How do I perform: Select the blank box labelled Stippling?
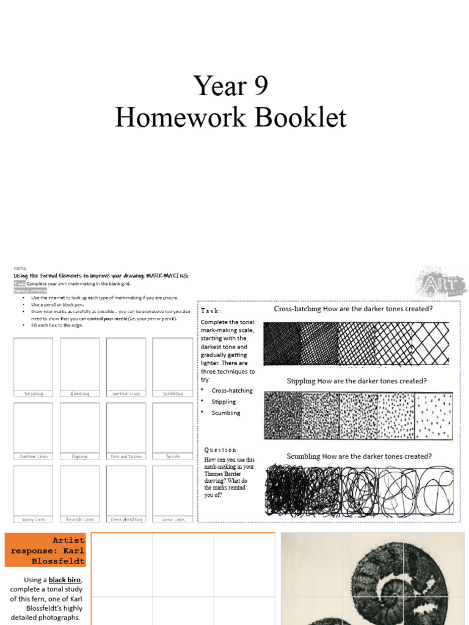[34, 363]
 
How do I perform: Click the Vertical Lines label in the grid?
[126, 394]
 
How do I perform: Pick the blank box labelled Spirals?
[172, 427]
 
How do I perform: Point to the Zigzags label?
[80, 457]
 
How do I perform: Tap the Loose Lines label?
[172, 519]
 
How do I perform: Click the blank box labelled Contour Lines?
[34, 427]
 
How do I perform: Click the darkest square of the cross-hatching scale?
[282, 344]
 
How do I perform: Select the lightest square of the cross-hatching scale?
[431, 344]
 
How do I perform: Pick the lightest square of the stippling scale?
[434, 416]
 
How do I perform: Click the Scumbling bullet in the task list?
[226, 413]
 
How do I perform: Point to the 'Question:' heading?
[222, 450]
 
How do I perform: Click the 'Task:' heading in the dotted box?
[211, 311]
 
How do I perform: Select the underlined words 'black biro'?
[65, 579]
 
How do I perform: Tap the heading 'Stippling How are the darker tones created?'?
[357, 381]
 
